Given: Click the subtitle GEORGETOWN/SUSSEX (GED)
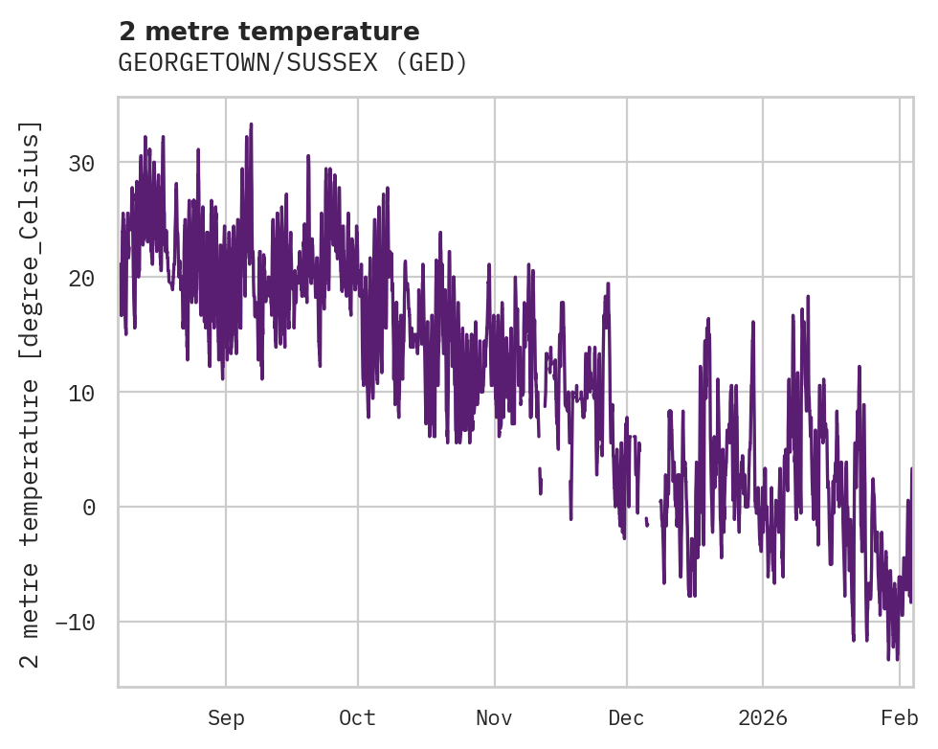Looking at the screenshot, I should tap(293, 63).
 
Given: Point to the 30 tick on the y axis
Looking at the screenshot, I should tap(82, 163).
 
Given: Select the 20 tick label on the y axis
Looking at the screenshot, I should tap(82, 278).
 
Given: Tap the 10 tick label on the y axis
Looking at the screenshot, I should tap(82, 393).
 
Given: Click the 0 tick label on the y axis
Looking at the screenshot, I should tap(89, 508).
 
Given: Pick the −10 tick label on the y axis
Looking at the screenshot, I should tap(76, 623).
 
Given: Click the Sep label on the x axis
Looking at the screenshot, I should tap(226, 717).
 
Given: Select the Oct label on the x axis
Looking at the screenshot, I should tap(357, 717).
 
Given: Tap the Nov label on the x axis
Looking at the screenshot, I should tap(495, 717).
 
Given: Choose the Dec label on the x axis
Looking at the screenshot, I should tap(626, 717).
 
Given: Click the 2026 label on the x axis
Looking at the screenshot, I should tap(763, 717).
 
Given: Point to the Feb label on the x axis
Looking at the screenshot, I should tap(900, 717).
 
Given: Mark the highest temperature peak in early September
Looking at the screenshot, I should tap(251, 125).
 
